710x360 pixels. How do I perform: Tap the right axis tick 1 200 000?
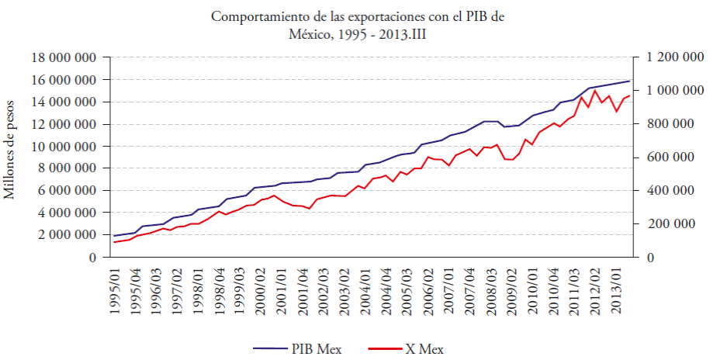click(671, 57)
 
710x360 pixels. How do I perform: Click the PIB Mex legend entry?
click(300, 348)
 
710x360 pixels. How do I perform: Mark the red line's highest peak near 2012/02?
click(595, 90)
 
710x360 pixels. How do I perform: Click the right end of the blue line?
click(629, 81)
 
